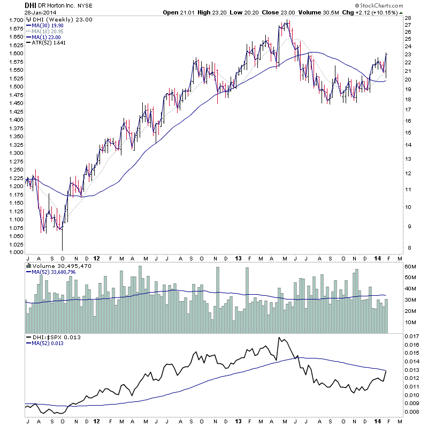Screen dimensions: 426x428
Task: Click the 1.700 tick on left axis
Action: (x=14, y=20)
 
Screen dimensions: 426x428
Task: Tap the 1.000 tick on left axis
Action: (x=14, y=252)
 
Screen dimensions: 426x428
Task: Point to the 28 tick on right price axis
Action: (x=408, y=18)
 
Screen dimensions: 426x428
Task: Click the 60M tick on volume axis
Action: (x=410, y=266)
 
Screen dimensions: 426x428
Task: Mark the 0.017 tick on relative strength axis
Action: (x=411, y=337)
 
